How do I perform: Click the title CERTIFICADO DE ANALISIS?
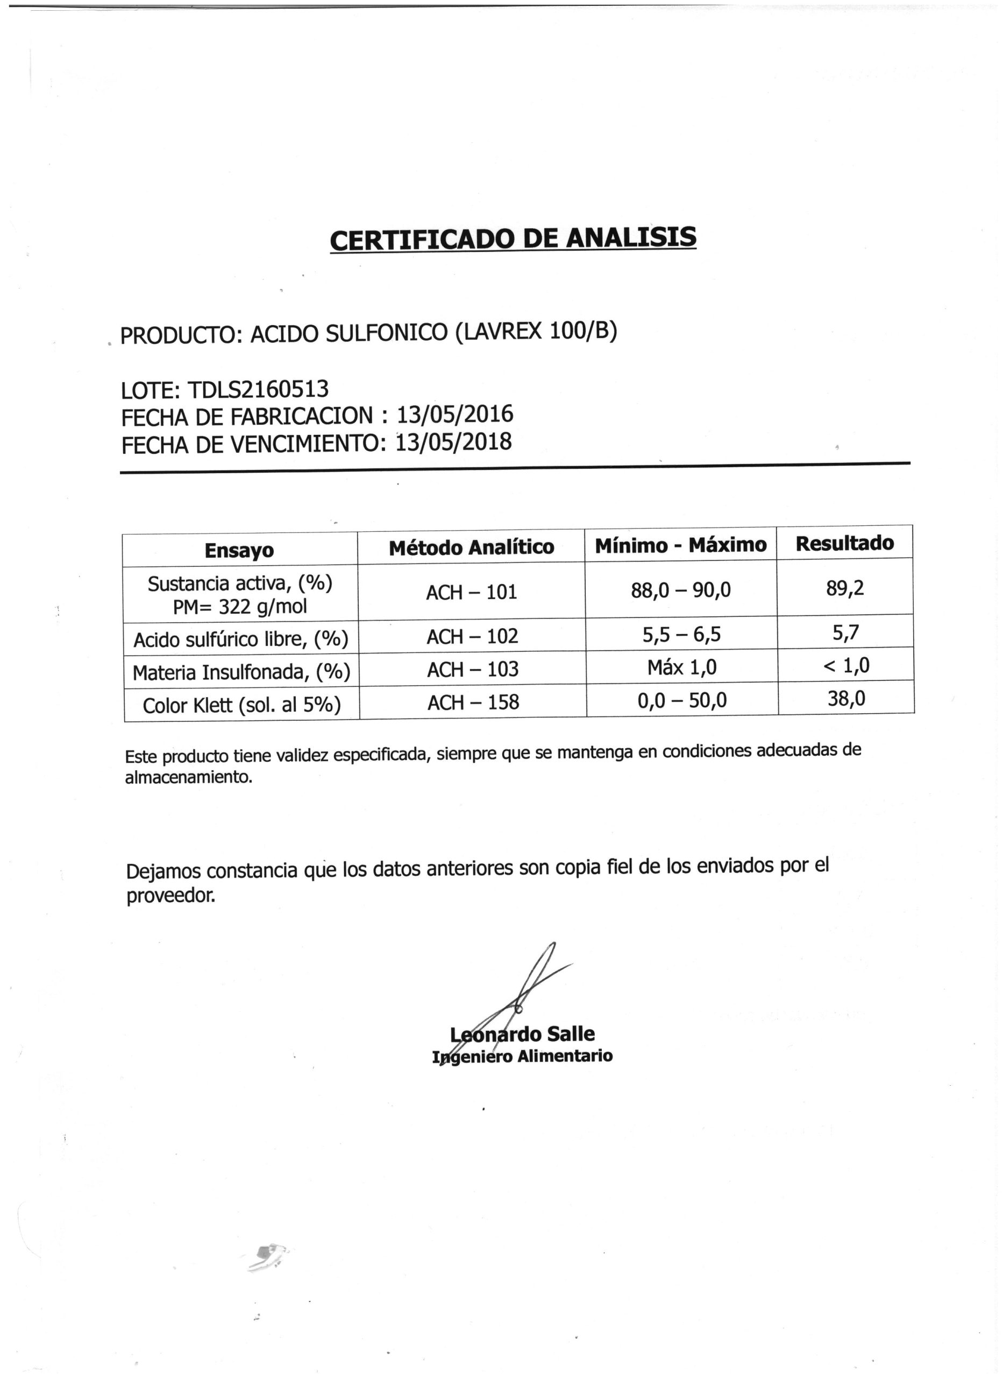click(x=513, y=238)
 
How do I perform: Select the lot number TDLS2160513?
click(x=258, y=389)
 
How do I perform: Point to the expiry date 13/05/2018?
click(x=453, y=442)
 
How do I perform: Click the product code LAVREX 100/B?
click(x=536, y=331)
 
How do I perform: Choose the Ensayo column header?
click(x=239, y=551)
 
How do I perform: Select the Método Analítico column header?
click(x=471, y=547)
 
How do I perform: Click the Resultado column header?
click(x=844, y=543)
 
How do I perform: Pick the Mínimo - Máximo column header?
click(x=681, y=545)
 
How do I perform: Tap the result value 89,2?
click(x=844, y=587)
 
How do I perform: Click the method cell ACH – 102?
click(x=472, y=636)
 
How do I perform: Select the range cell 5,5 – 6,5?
click(x=681, y=634)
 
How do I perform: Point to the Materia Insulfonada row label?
click(x=241, y=672)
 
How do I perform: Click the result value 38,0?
click(x=846, y=698)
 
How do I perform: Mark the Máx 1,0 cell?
click(x=682, y=667)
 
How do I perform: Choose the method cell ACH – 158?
click(x=473, y=702)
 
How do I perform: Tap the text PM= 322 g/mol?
click(x=240, y=606)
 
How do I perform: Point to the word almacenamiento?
click(x=188, y=777)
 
